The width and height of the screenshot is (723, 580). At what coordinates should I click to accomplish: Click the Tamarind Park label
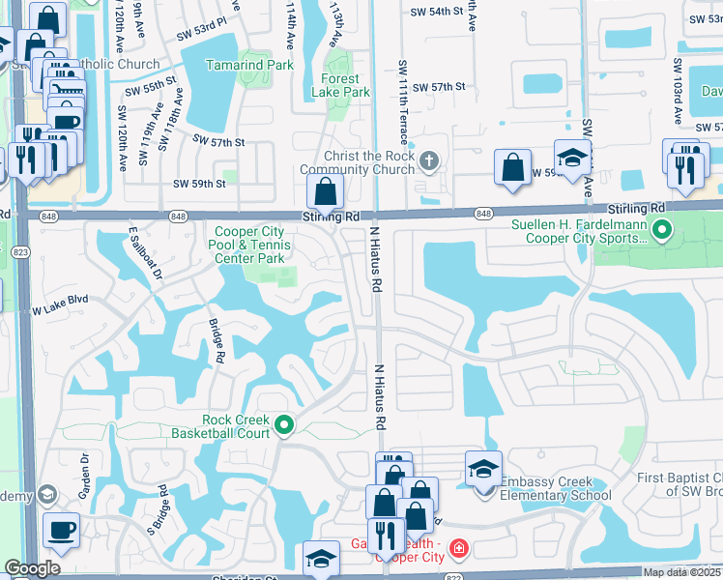249,66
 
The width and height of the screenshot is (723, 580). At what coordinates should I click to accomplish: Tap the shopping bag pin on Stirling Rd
326,190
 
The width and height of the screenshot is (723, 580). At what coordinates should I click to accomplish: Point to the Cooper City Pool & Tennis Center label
249,246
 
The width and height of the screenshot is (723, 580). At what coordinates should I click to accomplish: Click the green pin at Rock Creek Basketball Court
283,424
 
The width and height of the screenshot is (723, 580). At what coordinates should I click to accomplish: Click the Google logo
33,568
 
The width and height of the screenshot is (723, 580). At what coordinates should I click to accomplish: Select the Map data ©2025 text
681,572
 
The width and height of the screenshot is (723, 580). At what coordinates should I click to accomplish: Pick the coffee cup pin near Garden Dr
61,531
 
